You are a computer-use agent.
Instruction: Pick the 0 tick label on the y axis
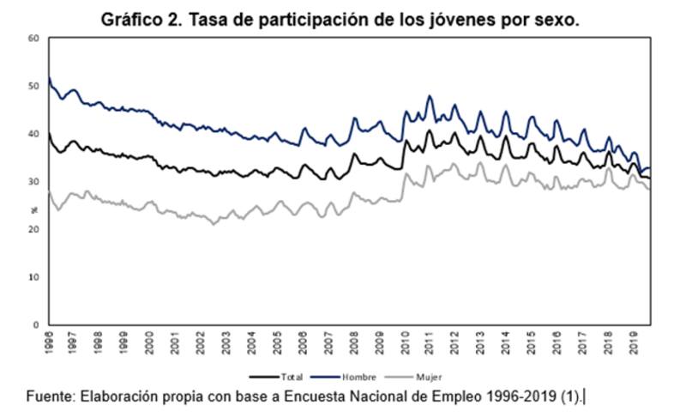pos(35,325)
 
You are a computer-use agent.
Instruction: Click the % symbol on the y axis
pos(34,208)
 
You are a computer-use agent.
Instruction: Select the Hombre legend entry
pos(358,377)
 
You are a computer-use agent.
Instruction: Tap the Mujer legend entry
pos(427,377)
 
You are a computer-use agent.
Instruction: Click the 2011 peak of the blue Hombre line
pos(429,96)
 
